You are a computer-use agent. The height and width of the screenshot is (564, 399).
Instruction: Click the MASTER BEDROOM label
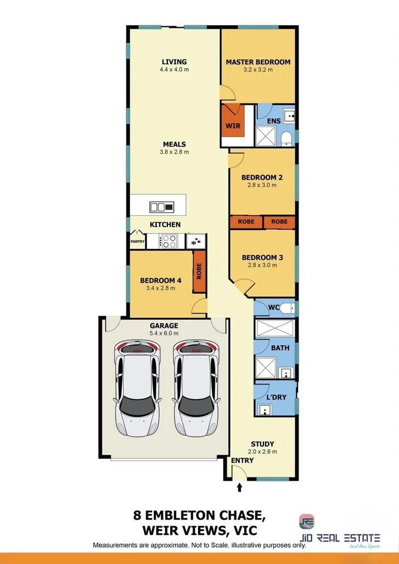[258, 62]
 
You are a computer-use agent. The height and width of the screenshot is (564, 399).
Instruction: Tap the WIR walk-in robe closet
[233, 126]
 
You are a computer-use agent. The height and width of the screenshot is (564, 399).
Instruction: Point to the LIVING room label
[174, 62]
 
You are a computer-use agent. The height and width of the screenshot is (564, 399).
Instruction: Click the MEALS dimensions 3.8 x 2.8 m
[174, 152]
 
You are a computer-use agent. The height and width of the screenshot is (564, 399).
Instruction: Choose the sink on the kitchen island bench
[161, 207]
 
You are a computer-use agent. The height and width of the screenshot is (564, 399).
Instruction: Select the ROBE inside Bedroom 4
[199, 272]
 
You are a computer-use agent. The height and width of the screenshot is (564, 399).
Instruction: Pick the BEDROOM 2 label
[262, 178]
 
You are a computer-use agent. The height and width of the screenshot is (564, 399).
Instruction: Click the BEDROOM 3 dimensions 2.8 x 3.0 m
[262, 265]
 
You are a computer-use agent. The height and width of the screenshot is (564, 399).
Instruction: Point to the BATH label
[280, 348]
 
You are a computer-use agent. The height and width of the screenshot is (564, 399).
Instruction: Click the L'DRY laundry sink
[266, 409]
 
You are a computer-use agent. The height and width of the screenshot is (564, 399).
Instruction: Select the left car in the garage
[137, 387]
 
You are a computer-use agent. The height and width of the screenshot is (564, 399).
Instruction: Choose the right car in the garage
[195, 387]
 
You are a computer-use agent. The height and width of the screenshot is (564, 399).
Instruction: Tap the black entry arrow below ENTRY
[239, 486]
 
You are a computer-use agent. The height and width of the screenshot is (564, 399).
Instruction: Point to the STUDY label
[262, 444]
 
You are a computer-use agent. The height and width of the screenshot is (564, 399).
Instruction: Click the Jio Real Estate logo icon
[307, 521]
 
